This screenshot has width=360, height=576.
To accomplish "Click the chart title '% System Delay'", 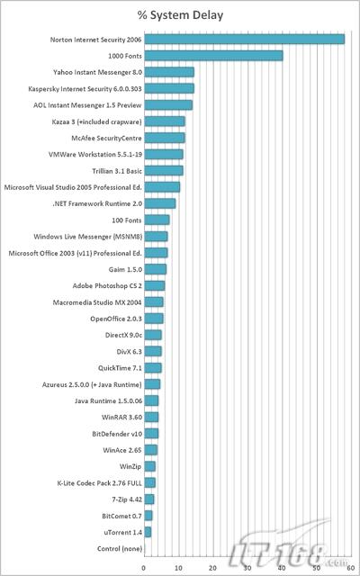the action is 180,15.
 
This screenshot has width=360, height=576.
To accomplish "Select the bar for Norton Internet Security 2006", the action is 244,40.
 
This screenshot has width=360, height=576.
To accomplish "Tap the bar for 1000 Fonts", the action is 213,56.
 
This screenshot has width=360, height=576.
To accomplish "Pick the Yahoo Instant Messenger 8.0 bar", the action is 169,72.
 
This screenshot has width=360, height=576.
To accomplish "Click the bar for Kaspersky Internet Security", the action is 169,88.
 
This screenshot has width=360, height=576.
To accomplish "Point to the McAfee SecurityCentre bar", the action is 165,138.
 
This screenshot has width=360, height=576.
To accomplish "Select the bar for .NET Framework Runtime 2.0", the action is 160,203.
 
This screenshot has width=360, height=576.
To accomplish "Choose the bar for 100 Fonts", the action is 157,220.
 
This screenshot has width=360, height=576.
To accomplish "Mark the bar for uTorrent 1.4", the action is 148,532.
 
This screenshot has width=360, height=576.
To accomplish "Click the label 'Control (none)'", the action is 120,548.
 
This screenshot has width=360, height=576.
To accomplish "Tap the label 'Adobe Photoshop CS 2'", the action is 107,286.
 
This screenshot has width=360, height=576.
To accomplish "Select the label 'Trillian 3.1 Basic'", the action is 117,171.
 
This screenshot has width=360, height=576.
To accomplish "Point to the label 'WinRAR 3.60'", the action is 122,418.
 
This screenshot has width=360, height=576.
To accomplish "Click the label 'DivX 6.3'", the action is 129,352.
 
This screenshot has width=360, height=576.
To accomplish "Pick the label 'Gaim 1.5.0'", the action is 125,269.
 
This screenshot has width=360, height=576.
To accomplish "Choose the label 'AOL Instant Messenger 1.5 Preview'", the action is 87,105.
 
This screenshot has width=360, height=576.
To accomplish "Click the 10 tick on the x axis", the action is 179,568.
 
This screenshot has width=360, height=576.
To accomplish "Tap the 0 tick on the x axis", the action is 144,568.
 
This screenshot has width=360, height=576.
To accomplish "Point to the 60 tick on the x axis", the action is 352,568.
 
